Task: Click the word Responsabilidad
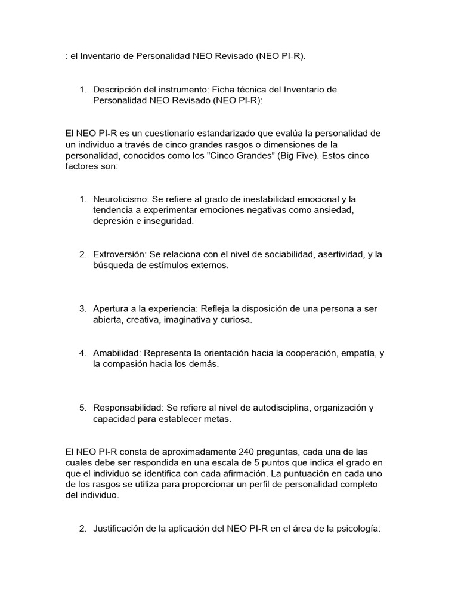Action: coord(126,408)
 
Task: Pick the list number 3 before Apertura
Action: coord(83,309)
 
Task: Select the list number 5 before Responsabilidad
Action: coord(83,408)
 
